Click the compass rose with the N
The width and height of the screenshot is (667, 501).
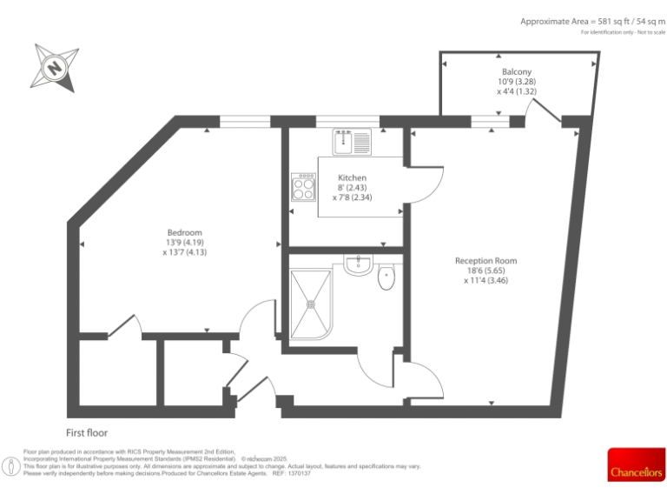[56, 66]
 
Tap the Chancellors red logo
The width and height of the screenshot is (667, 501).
[635, 464]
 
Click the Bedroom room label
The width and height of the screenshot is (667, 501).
[184, 232]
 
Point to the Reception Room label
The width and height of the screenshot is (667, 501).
[485, 260]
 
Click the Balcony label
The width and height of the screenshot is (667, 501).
[516, 71]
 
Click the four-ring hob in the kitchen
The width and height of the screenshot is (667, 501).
[304, 187]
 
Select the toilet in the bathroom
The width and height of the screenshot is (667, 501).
[386, 277]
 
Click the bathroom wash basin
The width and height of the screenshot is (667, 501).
[358, 265]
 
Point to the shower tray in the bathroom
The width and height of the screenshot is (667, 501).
[309, 303]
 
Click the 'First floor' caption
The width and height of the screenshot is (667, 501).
[87, 432]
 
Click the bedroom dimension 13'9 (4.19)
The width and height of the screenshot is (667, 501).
[184, 242]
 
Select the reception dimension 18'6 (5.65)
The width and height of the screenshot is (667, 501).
[485, 271]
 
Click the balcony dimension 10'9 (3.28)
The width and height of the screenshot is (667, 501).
[516, 82]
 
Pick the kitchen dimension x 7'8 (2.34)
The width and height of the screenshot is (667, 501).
[352, 197]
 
